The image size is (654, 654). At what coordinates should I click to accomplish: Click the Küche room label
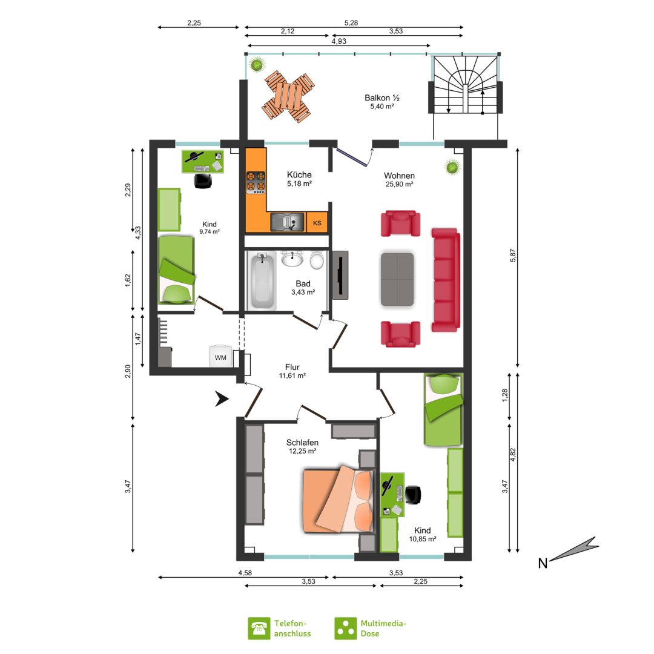click(x=299, y=175)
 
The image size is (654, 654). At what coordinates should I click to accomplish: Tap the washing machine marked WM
click(x=220, y=357)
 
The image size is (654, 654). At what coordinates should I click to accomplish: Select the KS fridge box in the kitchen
click(x=317, y=223)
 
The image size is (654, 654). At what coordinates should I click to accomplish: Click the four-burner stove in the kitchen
click(x=256, y=182)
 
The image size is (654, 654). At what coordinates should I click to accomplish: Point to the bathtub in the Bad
click(x=262, y=280)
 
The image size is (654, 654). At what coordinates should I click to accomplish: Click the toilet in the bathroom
click(x=317, y=260)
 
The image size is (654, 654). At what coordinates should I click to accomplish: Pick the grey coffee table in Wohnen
click(x=397, y=279)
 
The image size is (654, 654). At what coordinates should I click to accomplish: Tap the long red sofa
click(x=446, y=280)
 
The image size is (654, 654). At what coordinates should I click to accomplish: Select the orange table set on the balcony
click(x=288, y=96)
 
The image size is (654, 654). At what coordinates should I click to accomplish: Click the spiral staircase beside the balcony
click(x=465, y=85)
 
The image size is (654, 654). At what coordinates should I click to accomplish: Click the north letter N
click(x=542, y=564)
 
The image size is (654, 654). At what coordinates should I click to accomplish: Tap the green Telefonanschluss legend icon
click(x=259, y=628)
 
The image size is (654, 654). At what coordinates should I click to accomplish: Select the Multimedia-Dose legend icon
click(x=345, y=628)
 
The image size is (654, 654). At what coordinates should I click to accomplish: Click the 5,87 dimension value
click(x=513, y=256)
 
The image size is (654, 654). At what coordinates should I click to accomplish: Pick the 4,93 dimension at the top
click(x=339, y=41)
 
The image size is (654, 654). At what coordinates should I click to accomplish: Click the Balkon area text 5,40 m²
click(x=381, y=107)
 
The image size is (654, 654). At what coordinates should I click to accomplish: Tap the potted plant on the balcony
click(x=257, y=65)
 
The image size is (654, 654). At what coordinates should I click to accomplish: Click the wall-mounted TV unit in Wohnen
click(x=340, y=276)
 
